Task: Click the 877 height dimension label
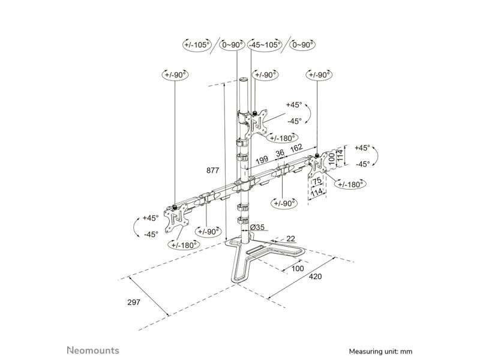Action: pyautogui.click(x=213, y=170)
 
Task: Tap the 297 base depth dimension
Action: pyautogui.click(x=134, y=302)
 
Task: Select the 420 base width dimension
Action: pyautogui.click(x=316, y=277)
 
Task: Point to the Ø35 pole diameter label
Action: pyautogui.click(x=257, y=227)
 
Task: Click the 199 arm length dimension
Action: pyautogui.click(x=262, y=160)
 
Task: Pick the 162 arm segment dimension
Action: pyautogui.click(x=296, y=148)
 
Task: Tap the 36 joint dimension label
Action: pyautogui.click(x=280, y=153)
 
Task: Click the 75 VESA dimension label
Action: pyautogui.click(x=317, y=181)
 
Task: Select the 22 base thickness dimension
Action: pyautogui.click(x=290, y=238)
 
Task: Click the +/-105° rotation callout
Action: pyautogui.click(x=197, y=44)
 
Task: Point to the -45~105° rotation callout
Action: pyautogui.click(x=265, y=45)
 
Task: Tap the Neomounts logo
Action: pyautogui.click(x=93, y=350)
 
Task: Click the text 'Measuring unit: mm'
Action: pyautogui.click(x=380, y=352)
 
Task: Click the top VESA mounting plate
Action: pyautogui.click(x=259, y=125)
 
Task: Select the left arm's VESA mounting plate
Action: pyautogui.click(x=176, y=218)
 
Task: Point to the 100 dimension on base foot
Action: pyautogui.click(x=298, y=268)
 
